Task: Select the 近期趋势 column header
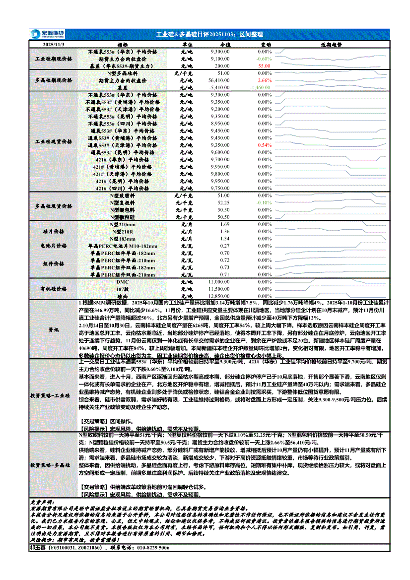(331, 45)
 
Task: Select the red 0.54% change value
(265, 145)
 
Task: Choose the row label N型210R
(122, 232)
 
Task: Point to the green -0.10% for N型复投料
(264, 202)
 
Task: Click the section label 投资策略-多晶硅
(54, 466)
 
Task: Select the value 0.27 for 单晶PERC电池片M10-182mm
(225, 246)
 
